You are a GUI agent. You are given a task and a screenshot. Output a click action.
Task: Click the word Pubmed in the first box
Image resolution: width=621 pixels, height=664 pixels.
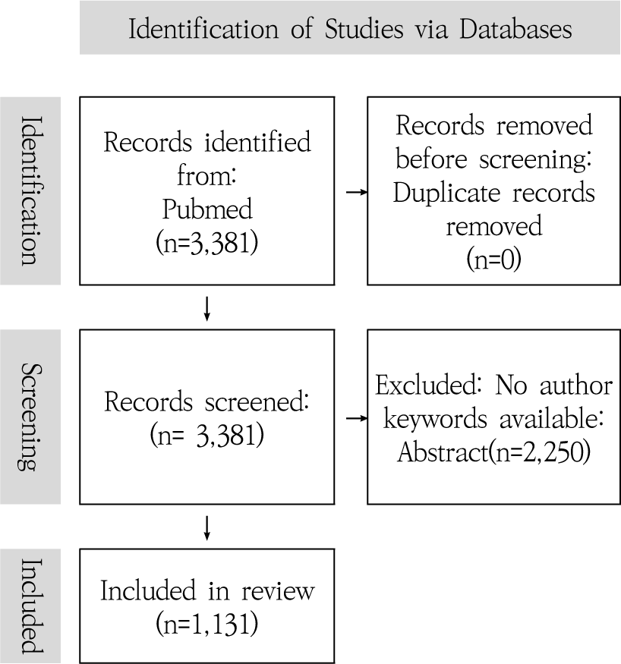click(x=207, y=206)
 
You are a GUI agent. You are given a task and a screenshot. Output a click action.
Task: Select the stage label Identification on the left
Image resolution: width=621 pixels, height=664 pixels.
click(x=30, y=190)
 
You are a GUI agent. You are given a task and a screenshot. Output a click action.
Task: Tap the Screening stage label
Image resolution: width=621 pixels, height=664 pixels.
click(x=30, y=417)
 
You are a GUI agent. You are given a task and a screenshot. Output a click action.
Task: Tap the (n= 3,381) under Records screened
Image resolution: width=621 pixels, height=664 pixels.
click(x=207, y=435)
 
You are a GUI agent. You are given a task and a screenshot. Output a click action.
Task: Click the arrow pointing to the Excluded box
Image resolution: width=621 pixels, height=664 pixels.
click(x=356, y=417)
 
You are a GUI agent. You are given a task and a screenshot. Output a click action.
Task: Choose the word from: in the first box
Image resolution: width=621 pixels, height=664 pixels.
click(x=207, y=175)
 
